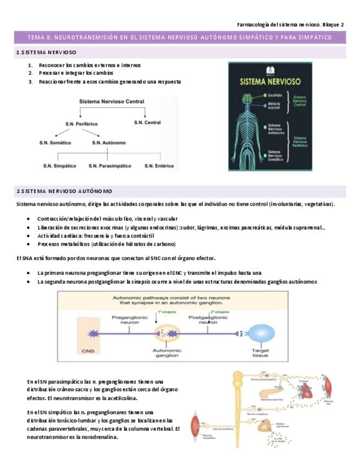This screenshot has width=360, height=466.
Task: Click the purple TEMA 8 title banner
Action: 180,37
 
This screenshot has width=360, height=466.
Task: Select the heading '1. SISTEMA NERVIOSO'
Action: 47,52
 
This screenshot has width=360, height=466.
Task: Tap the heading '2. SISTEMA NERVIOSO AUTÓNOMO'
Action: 64,191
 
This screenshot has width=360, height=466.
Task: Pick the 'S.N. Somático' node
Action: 55,142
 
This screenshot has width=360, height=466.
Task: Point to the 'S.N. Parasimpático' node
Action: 109,165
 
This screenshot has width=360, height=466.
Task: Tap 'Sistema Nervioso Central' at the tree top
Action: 112,102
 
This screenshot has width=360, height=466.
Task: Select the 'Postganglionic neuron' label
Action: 208,320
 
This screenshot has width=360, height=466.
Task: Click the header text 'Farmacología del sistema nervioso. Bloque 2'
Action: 290,24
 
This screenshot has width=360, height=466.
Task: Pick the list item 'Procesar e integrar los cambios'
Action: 76,73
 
